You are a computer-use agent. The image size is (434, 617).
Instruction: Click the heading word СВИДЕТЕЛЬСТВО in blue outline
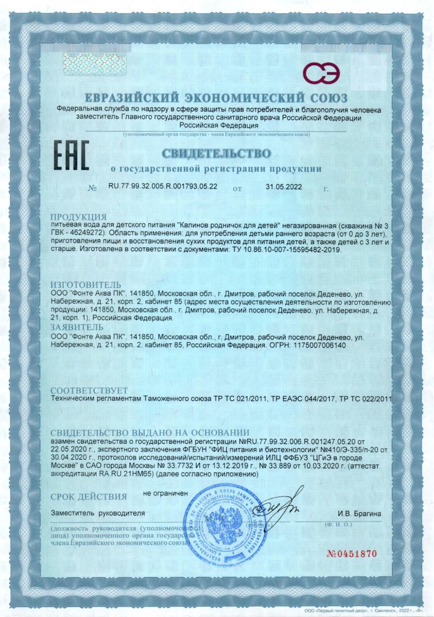pos(217,152)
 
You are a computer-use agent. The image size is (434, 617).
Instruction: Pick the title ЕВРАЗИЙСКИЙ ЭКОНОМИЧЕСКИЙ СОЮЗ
pos(217,98)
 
